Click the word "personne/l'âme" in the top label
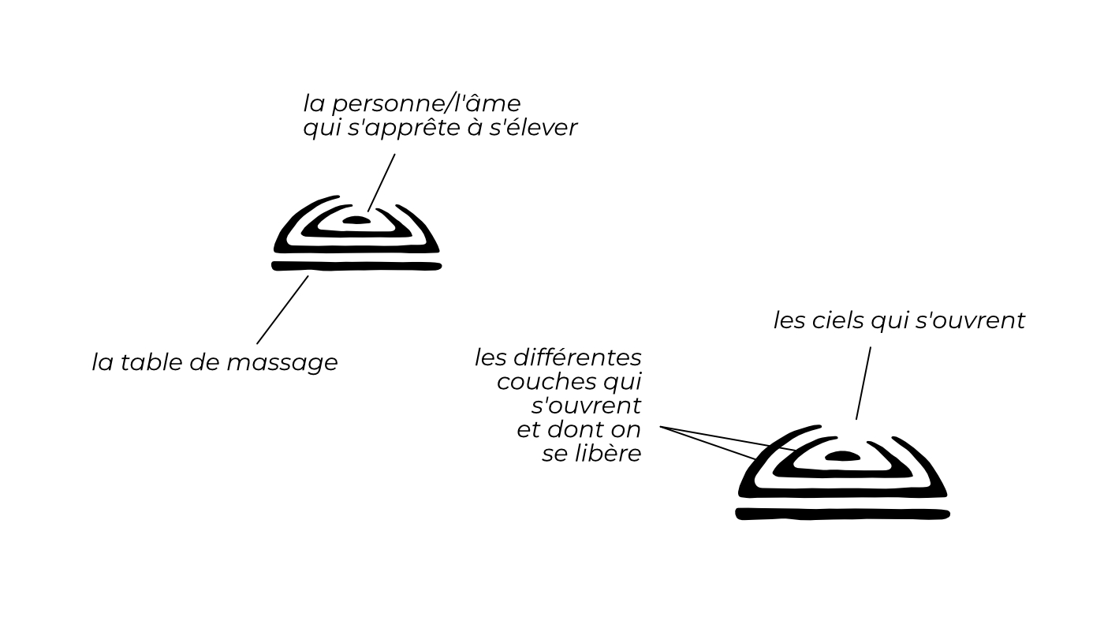[425, 104]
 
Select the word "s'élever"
[534, 128]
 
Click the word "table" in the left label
[153, 362]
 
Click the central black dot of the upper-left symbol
[356, 220]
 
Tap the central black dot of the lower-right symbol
[842, 456]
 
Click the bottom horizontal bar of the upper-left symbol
[356, 266]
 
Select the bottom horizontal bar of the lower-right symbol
[842, 514]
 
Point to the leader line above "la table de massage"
[282, 309]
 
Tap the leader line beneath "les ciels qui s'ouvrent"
[863, 383]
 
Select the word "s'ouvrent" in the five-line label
[585, 406]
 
